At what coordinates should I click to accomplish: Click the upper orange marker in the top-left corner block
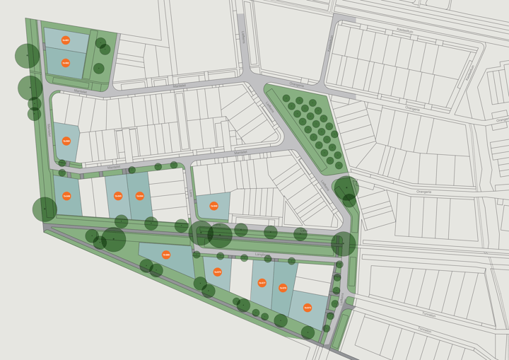tap(65, 40)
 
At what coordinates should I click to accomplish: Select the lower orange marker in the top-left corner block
tap(65, 63)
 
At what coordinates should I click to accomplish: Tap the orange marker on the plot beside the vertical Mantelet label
tap(66, 141)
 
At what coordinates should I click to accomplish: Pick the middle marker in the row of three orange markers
tap(118, 196)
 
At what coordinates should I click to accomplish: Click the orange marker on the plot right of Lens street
tap(213, 206)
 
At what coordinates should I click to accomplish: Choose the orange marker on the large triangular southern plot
tap(166, 255)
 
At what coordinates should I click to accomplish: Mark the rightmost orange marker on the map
tap(308, 308)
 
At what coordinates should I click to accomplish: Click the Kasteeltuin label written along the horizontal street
tap(404, 31)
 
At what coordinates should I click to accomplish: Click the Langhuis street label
tap(260, 254)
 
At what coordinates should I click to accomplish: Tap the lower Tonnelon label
tap(424, 330)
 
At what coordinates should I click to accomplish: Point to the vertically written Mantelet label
tap(49, 129)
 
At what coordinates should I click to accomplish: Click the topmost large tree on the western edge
tap(28, 55)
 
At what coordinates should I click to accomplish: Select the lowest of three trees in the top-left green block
tap(99, 69)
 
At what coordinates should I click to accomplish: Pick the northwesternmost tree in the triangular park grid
tap(286, 98)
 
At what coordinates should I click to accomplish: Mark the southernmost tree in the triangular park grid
tap(339, 166)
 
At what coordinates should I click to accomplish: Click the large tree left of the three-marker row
tap(45, 209)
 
